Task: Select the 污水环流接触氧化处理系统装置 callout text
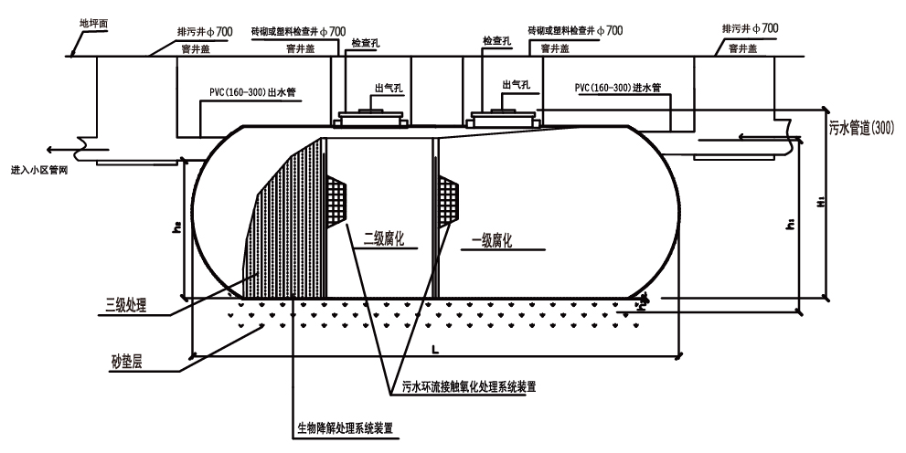468,386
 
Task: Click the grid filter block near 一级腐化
450,197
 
